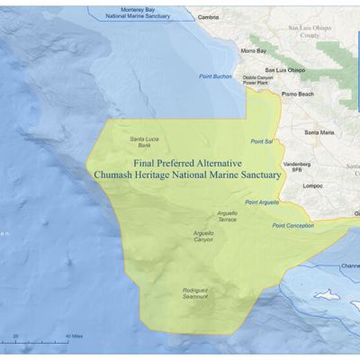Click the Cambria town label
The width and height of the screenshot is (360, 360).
pos(208,17)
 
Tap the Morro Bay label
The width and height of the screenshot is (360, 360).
pos(255,51)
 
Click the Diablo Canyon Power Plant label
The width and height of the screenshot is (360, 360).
pos(258,80)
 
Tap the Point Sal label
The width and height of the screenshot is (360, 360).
pos(262,141)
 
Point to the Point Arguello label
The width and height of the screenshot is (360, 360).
pos(262,202)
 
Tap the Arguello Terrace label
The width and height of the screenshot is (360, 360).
pos(227,216)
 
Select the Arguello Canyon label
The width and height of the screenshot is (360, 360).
pos(203,236)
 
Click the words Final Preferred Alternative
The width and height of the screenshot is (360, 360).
pos(187,163)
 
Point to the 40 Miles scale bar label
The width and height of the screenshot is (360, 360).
pos(75,337)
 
